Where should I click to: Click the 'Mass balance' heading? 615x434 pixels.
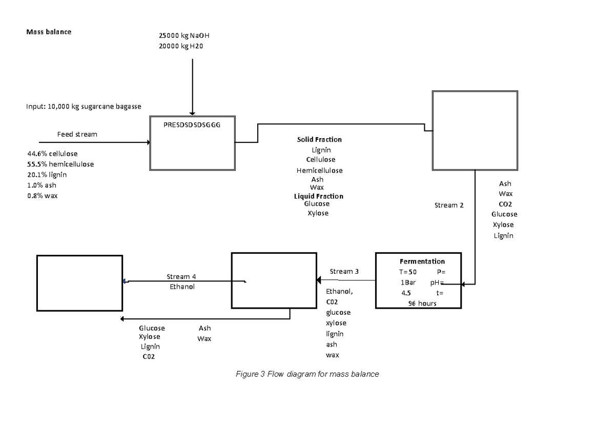tap(49, 32)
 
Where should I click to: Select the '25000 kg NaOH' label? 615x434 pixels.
tap(184, 36)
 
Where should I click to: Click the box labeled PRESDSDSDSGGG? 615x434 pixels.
tap(192, 143)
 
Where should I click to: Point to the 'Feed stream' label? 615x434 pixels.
tap(77, 134)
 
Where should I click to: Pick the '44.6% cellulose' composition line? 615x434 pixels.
tap(52, 153)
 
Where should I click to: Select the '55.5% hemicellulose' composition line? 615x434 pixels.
tap(60, 164)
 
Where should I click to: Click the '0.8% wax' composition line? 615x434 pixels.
tap(42, 196)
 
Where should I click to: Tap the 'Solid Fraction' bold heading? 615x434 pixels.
tap(319, 139)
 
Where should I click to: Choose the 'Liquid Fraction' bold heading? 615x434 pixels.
tap(318, 196)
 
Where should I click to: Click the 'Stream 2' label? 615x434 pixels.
tap(448, 205)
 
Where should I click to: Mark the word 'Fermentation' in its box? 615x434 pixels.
tap(422, 261)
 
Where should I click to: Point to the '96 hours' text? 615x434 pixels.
tap(422, 303)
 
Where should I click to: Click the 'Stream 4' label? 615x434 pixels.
tap(181, 276)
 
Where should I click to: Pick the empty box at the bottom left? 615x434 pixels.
tap(79, 283)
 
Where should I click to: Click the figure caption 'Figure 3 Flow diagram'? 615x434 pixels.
tap(307, 374)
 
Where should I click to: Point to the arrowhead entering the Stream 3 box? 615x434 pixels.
tap(319, 280)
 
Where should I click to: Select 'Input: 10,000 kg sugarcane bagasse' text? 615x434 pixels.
tap(84, 106)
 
